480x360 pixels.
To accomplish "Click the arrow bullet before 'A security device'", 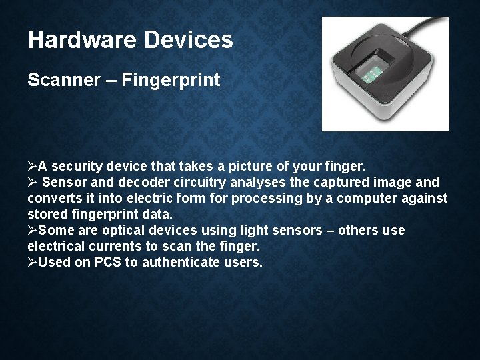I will click(33, 166).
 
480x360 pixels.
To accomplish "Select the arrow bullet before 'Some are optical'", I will click(33, 230).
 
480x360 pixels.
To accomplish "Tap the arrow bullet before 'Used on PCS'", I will click(33, 262).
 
